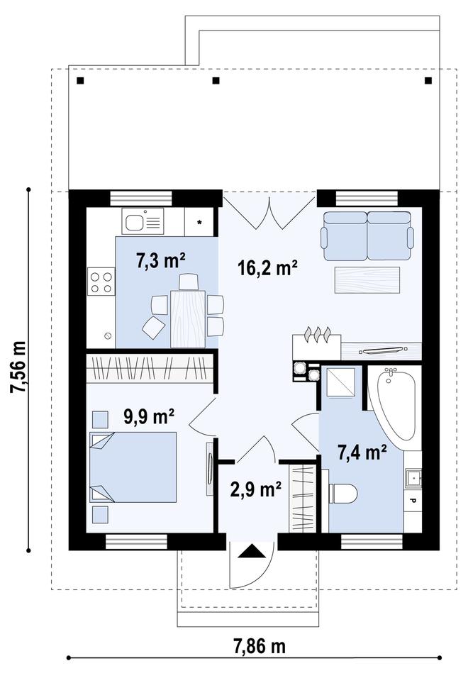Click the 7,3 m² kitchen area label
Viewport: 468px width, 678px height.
tap(161, 261)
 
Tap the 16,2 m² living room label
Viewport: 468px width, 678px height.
tap(267, 268)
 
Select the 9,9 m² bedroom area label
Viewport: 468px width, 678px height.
tap(149, 417)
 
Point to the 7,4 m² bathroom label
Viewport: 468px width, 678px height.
tap(362, 452)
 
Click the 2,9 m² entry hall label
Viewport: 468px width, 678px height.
tap(256, 489)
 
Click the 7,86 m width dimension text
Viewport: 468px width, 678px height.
tap(260, 647)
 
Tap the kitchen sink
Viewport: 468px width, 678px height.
tap(143, 221)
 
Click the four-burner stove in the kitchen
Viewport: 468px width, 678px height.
tap(101, 281)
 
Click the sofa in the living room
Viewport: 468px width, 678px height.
tap(367, 235)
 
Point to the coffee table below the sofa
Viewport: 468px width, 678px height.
tap(367, 279)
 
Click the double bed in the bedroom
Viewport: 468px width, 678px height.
tap(133, 467)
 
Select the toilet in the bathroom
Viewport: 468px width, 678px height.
tap(342, 494)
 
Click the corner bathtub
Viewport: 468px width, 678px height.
tap(395, 405)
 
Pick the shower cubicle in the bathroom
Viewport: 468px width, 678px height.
tap(340, 382)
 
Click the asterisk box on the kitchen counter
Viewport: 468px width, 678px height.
tap(199, 222)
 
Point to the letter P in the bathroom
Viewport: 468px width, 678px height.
tap(412, 501)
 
